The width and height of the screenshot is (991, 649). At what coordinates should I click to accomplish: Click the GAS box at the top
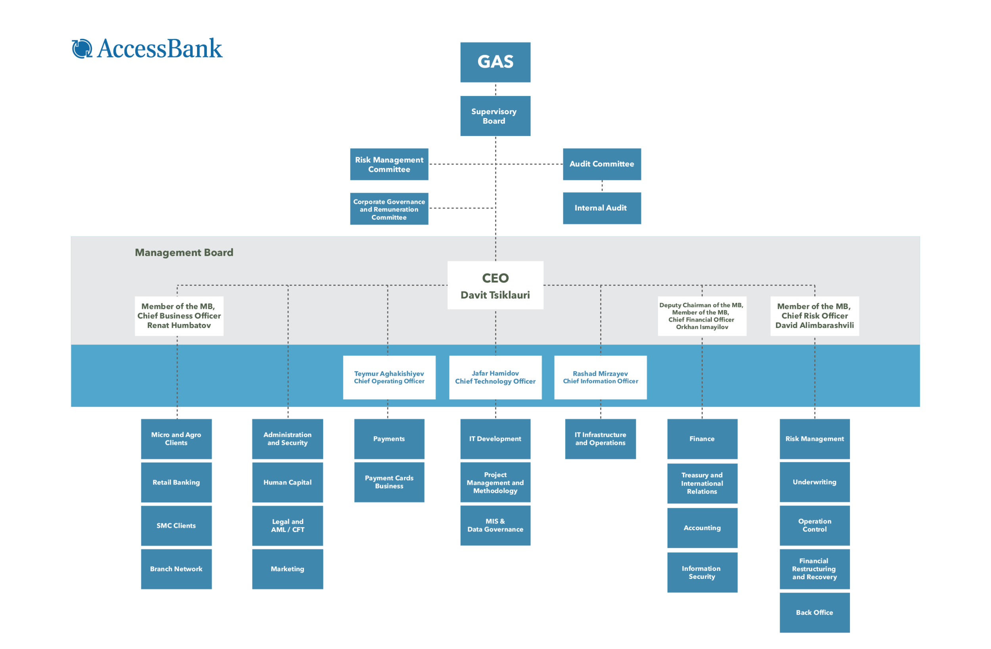495,62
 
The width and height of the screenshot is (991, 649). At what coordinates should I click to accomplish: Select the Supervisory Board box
495,116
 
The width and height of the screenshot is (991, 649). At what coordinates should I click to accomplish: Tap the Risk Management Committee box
389,164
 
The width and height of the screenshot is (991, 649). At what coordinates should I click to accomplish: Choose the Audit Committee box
602,164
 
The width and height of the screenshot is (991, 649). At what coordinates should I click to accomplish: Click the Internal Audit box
602,208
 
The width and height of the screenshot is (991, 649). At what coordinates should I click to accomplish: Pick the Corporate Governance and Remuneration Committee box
389,208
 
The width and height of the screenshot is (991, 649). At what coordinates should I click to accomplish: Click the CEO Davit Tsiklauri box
495,285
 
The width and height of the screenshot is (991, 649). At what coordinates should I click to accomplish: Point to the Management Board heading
184,253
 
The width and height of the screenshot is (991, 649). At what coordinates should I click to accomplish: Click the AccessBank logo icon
82,48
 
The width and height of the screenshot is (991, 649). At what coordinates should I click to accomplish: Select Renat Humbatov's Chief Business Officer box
179,316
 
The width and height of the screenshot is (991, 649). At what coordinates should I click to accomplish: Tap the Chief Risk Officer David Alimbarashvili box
815,316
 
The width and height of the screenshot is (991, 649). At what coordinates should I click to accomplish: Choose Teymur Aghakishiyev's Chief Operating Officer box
389,377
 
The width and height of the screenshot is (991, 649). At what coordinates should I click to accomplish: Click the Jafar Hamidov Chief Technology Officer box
495,377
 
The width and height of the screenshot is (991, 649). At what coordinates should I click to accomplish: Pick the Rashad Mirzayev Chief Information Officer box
601,377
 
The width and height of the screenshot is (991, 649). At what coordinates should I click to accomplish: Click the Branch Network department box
176,569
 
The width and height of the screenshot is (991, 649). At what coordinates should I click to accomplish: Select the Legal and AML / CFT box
287,525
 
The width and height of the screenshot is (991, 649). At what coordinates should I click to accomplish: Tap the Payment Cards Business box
389,482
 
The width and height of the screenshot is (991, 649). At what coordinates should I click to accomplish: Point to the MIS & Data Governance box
495,525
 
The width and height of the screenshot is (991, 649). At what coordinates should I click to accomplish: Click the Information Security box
702,572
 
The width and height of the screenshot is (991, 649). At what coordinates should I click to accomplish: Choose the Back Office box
815,613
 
